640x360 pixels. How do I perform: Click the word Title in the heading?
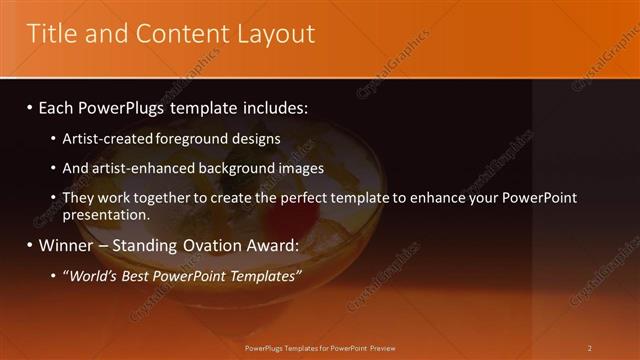point(50,34)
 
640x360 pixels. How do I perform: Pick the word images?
point(297,169)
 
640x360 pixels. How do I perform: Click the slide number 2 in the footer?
point(589,348)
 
